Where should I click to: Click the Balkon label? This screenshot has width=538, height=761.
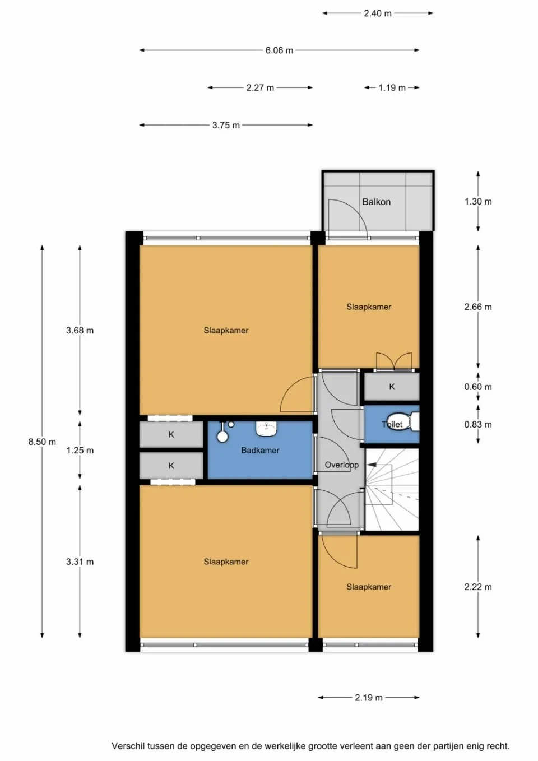(x=376, y=202)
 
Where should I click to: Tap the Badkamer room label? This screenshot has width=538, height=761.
(x=260, y=450)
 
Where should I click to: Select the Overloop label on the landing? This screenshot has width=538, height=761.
(x=341, y=465)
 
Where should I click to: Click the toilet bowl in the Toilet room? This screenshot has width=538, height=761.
(x=413, y=421)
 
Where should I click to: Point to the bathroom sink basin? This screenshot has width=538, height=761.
(x=267, y=428)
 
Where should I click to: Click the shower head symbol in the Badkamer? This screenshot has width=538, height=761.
(x=223, y=436)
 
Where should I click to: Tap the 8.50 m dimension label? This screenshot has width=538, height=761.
(x=42, y=442)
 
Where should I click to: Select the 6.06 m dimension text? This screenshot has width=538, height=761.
(x=279, y=50)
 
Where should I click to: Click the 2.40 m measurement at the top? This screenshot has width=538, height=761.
(x=377, y=13)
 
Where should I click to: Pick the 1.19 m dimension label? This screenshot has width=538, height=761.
(x=392, y=88)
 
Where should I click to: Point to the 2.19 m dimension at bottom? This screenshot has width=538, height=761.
(x=368, y=698)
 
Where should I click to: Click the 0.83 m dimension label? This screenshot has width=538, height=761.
(x=477, y=424)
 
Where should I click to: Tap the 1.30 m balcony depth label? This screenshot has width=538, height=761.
(x=477, y=202)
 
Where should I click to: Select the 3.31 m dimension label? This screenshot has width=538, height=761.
(x=80, y=562)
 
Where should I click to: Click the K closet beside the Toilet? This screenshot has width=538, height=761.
(x=392, y=387)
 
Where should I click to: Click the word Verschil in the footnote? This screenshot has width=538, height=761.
(x=127, y=746)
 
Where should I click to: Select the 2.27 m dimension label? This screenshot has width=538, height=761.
(x=260, y=88)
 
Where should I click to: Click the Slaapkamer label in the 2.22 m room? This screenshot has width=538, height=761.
(x=368, y=587)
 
